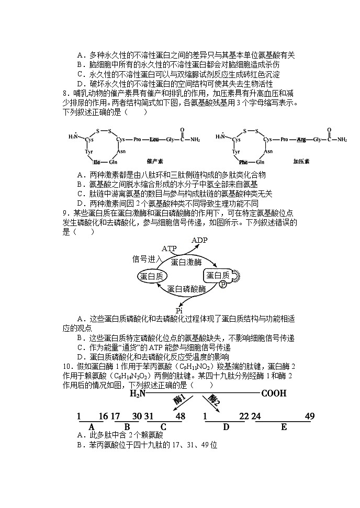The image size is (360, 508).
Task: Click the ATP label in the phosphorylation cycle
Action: (169, 248)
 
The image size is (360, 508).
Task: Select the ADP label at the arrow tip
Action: (199, 240)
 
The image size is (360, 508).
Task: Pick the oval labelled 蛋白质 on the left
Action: (151, 276)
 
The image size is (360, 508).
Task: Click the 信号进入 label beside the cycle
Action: (148, 258)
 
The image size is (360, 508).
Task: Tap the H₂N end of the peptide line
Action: (138, 393)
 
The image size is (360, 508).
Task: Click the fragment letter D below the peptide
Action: (226, 427)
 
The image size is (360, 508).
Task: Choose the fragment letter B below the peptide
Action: (127, 426)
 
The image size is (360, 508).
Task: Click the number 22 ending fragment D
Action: (243, 416)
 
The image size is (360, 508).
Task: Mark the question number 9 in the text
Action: (65, 213)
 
